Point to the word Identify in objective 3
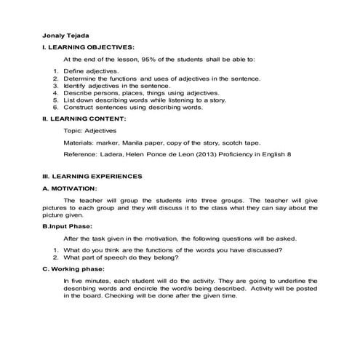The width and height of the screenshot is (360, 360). (x=77, y=86)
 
